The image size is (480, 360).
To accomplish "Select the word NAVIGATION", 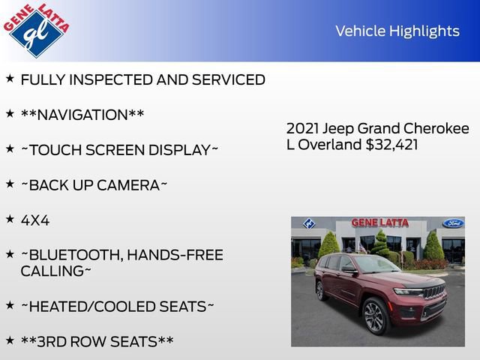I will tap(82, 115).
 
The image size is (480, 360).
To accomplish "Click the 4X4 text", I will tap(35, 220).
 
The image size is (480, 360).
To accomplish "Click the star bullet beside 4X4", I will tap(10, 219).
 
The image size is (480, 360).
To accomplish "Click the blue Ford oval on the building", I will tap(452, 223).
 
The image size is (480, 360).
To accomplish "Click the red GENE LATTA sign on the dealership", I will tap(380, 223).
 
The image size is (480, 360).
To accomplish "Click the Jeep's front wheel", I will tap(374, 316).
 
